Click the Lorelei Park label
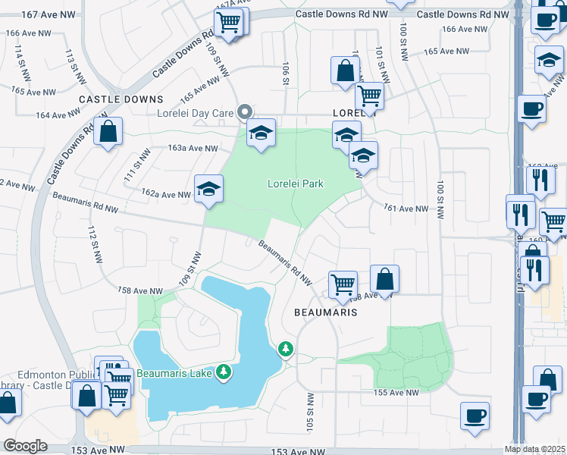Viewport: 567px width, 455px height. point(296,184)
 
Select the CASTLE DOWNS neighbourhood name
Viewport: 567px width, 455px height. point(121,99)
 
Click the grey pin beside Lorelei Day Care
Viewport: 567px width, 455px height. point(244,113)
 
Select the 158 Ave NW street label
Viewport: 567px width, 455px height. point(140,290)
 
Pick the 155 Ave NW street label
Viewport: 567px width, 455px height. point(395,392)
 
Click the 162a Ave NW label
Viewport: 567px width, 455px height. point(165,195)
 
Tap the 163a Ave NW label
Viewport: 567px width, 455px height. point(193,149)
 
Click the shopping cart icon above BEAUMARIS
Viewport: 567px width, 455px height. point(343,284)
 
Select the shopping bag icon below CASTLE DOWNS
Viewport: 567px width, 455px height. point(109,132)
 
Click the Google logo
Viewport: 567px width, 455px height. point(25,446)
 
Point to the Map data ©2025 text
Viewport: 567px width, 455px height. point(534,449)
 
